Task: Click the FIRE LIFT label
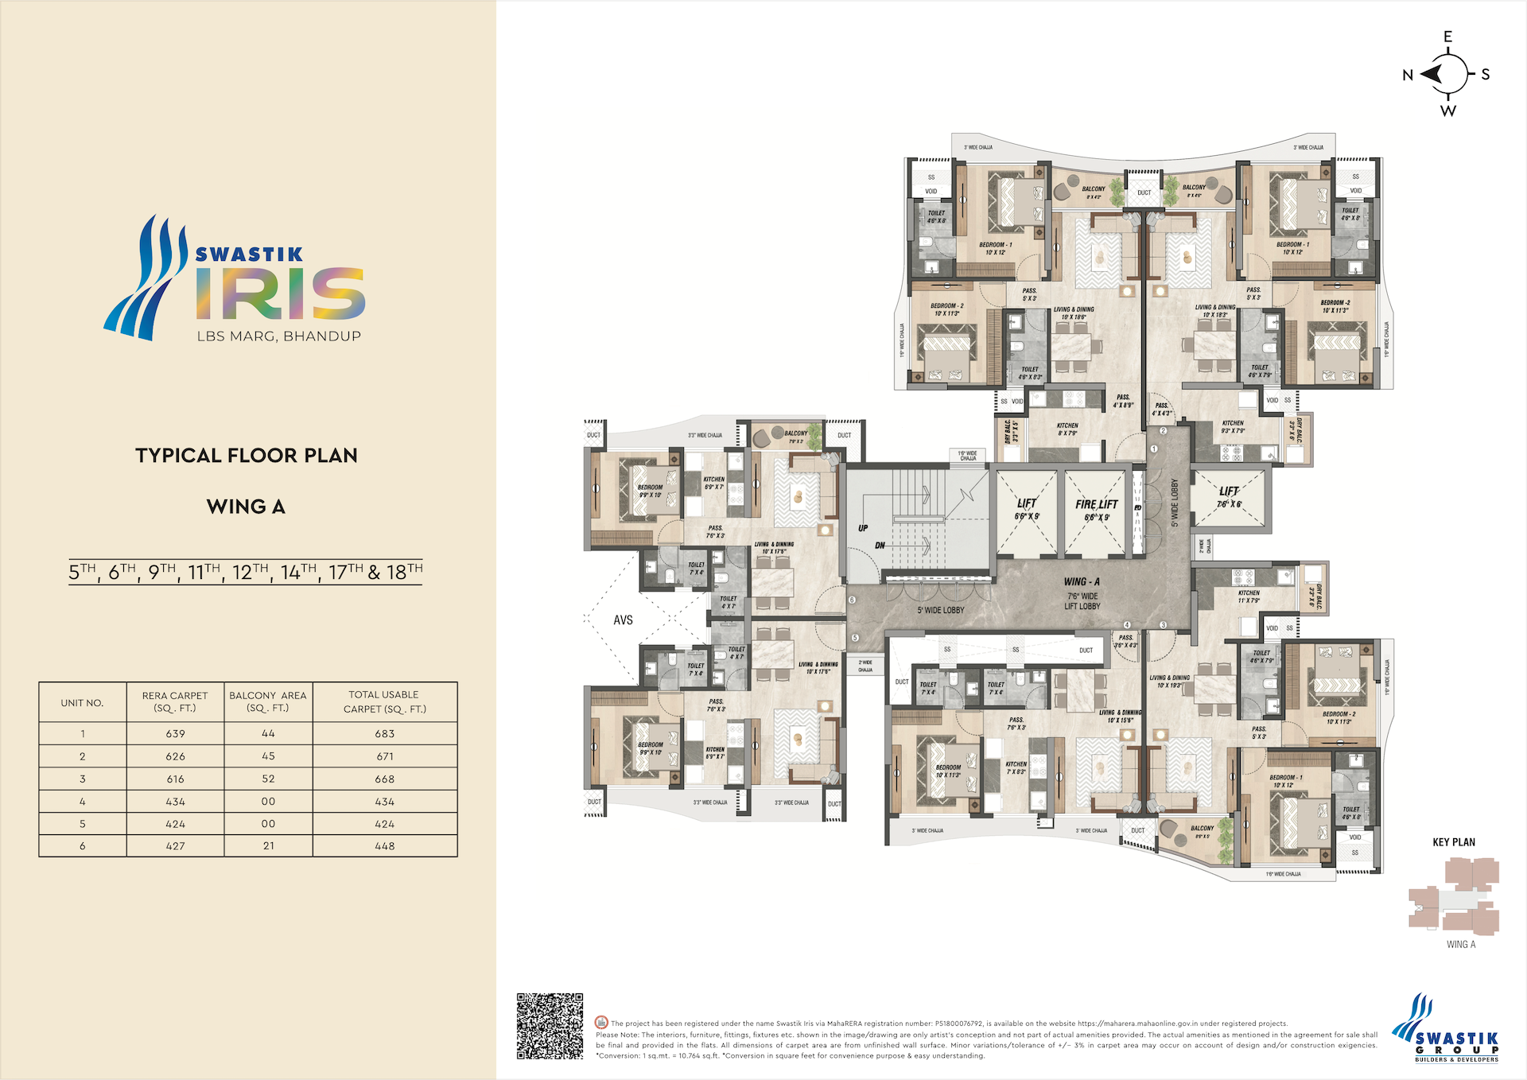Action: (1096, 504)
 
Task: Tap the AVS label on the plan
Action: (623, 620)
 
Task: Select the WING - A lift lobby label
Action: (1082, 582)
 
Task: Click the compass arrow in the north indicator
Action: (1432, 75)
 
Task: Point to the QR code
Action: (550, 1026)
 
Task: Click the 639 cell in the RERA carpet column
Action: (175, 733)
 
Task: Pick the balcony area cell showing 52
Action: (268, 779)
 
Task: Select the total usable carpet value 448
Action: (384, 846)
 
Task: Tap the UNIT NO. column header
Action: (82, 703)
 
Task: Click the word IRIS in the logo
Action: (280, 293)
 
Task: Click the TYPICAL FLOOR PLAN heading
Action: (247, 456)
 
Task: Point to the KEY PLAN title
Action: (1453, 842)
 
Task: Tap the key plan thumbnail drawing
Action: (1454, 897)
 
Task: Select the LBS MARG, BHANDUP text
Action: (279, 336)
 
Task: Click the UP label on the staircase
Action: (863, 528)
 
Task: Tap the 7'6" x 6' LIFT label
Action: (1228, 498)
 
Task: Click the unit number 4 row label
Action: (82, 802)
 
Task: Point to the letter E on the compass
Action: (1447, 37)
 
